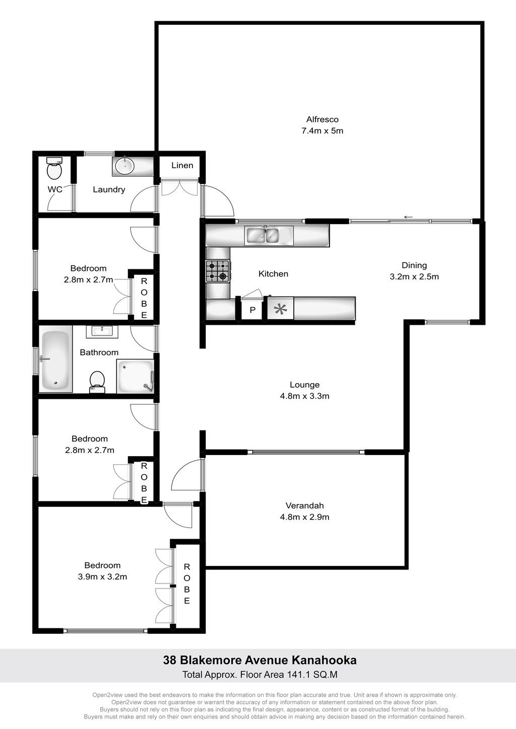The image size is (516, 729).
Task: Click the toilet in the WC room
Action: (54, 168)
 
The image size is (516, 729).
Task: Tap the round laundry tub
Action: (125, 166)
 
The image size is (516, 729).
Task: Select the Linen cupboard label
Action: (182, 165)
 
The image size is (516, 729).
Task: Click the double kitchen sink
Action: (267, 236)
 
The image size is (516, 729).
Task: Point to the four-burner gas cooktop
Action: (218, 271)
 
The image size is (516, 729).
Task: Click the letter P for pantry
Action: (252, 310)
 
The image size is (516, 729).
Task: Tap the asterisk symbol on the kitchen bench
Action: (280, 309)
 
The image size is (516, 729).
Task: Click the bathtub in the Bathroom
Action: (55, 359)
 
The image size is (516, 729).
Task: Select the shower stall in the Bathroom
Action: (135, 376)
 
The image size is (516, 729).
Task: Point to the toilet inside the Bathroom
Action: (97, 382)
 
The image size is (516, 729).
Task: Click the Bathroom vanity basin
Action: (103, 331)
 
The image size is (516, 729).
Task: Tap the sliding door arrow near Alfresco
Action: (408, 217)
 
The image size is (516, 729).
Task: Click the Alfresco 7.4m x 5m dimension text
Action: (322, 131)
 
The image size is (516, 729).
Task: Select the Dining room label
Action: (414, 265)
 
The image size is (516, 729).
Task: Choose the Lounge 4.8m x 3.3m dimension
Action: (304, 396)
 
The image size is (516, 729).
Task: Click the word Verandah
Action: (304, 505)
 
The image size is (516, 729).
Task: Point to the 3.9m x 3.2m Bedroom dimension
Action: (102, 576)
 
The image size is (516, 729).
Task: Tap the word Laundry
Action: (109, 190)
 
